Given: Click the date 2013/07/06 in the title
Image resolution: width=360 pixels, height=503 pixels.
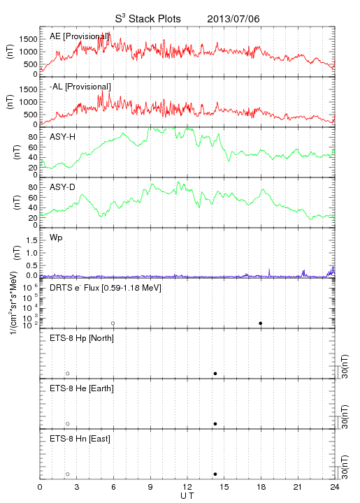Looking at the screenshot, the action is tap(233, 19).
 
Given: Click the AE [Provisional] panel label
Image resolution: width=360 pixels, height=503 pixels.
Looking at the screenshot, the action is tap(79, 36).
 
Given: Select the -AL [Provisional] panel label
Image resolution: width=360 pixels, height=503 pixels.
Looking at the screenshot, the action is tap(80, 87).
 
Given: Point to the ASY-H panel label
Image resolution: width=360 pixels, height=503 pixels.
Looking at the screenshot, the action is tap(63, 137).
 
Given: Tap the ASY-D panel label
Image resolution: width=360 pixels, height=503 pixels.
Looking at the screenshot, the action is tap(63, 187).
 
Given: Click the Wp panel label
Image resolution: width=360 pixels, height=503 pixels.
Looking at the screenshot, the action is tap(56, 238).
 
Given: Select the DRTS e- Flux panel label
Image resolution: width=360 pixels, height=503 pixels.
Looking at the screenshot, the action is tap(106, 288).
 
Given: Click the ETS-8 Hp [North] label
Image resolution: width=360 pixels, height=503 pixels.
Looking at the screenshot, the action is tap(82, 338).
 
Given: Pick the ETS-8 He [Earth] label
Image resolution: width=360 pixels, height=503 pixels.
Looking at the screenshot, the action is tap(82, 388).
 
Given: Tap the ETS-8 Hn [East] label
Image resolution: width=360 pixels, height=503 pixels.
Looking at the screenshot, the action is tap(80, 439).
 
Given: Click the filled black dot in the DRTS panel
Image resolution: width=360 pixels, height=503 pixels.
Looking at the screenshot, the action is tap(261, 323).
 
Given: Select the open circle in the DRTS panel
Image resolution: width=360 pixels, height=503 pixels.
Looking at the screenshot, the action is tap(113, 323).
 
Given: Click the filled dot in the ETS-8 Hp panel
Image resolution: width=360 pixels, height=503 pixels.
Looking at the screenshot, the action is tap(215, 373).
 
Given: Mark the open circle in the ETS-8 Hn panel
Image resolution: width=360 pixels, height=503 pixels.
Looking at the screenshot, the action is tap(68, 474).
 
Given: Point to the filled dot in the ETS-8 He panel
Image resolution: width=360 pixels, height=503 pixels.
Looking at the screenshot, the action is tap(215, 424).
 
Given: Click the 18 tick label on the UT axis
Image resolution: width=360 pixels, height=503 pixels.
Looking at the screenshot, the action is tap(261, 487).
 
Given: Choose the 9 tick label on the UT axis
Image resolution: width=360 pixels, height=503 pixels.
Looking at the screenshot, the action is tap(150, 487).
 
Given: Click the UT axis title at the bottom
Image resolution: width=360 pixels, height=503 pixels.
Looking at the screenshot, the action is tap(187, 496).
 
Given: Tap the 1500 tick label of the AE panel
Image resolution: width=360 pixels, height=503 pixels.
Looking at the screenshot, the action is tap(28, 39).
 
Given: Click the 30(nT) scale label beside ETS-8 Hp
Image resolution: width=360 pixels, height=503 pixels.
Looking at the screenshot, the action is tap(345, 366).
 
